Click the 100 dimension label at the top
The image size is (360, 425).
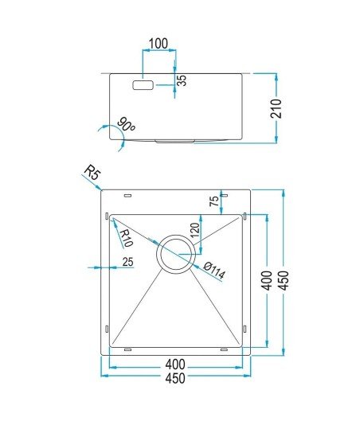point(158,43)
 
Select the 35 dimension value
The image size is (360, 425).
point(182,80)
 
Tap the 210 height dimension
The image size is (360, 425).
point(276,108)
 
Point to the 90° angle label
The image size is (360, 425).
point(126,124)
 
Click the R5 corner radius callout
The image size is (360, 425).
point(92,173)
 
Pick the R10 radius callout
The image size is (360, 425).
point(126,239)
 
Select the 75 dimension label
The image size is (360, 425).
point(214,201)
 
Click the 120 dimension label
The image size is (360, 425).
point(195,230)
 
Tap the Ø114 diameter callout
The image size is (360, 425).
point(214,271)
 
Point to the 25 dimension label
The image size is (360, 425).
point(127,262)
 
